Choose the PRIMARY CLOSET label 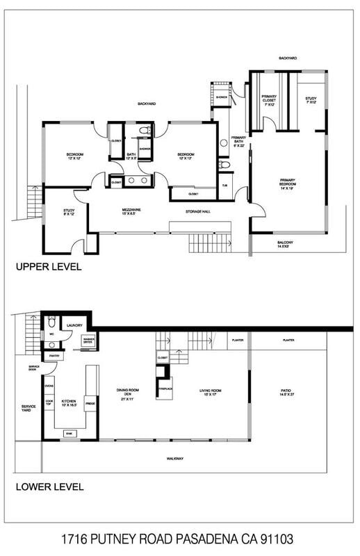(x=269, y=101)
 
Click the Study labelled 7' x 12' (x=311, y=101)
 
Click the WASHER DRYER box (x=89, y=341)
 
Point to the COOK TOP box (x=49, y=402)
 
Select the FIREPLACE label (x=165, y=388)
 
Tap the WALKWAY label (x=174, y=459)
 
